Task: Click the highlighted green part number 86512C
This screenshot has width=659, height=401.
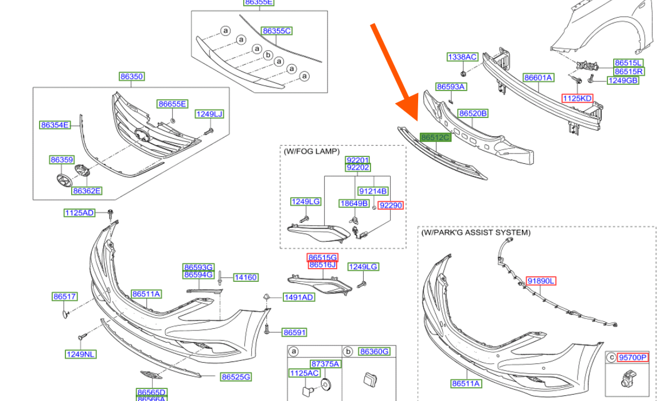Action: (x=435, y=137)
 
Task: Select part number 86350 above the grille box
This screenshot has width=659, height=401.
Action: (x=131, y=76)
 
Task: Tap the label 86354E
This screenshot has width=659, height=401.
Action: (x=54, y=125)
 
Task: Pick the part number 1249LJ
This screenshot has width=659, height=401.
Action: (x=209, y=114)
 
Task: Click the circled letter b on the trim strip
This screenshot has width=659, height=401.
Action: (x=267, y=54)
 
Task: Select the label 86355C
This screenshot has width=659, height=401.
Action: (x=276, y=31)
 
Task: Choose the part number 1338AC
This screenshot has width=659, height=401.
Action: (x=462, y=57)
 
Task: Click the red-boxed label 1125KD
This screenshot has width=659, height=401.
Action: (x=577, y=99)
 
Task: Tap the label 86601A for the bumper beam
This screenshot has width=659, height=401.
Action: (x=537, y=77)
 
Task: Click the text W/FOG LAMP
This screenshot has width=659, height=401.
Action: (x=311, y=151)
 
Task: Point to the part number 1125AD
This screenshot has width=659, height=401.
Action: (x=79, y=213)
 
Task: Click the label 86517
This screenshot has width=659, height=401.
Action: (x=65, y=296)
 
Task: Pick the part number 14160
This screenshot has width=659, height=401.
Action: (x=245, y=277)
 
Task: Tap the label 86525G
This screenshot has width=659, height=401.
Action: (x=236, y=376)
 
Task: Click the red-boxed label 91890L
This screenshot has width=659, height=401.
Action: (x=541, y=281)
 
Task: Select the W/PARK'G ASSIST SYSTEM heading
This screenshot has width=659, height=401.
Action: (x=475, y=233)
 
